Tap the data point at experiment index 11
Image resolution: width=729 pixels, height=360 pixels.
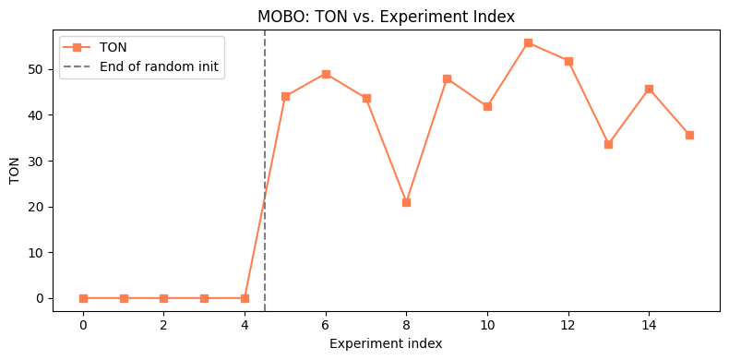[x=528, y=42]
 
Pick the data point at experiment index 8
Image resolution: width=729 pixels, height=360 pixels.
[x=406, y=202]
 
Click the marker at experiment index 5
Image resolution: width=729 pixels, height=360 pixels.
[x=285, y=96]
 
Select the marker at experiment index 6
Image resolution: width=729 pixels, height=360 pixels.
[x=326, y=74]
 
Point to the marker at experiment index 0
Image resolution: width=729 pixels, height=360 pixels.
[x=83, y=298]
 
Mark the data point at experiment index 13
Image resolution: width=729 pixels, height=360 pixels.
[x=608, y=144]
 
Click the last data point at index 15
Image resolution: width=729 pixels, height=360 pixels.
[x=689, y=135]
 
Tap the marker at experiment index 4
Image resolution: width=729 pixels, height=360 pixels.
[x=245, y=298]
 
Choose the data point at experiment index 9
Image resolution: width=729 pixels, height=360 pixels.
[x=447, y=78]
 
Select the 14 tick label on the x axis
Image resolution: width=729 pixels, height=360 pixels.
[x=649, y=325]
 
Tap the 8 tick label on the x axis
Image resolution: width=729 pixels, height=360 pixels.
[x=406, y=325]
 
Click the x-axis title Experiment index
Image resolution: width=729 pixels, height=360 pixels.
[x=386, y=343]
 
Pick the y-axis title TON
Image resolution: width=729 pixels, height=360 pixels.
[x=14, y=169]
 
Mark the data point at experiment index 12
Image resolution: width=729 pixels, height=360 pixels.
[x=568, y=61]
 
